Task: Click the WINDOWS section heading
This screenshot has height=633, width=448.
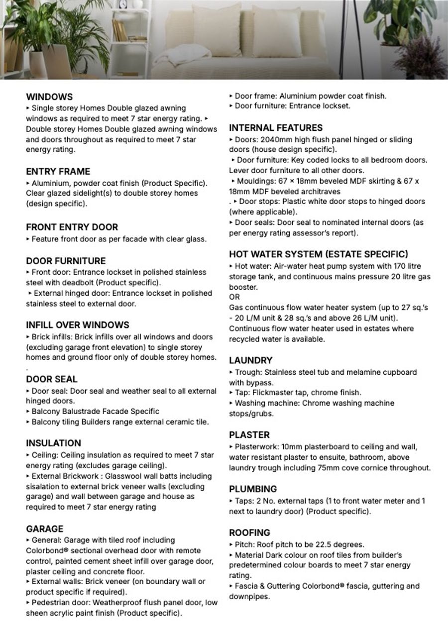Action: click(49, 97)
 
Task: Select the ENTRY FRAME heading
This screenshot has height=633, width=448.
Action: click(58, 172)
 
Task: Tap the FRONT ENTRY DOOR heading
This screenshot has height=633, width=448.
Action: click(72, 227)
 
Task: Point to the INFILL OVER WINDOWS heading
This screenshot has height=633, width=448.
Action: click(77, 325)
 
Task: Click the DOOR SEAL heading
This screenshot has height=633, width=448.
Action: click(51, 379)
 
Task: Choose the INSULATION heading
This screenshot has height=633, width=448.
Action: click(53, 443)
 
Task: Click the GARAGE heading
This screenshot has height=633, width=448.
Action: click(44, 528)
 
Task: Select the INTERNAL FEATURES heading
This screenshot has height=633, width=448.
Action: click(276, 128)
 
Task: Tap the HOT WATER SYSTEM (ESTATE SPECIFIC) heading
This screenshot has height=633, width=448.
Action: click(319, 254)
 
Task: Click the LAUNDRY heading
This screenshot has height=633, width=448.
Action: click(250, 360)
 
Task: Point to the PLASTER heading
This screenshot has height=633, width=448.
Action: click(249, 434)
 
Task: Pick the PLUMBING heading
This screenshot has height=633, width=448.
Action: click(253, 489)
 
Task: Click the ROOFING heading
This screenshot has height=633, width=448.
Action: click(249, 532)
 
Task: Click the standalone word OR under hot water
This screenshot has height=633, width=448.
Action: click(234, 297)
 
